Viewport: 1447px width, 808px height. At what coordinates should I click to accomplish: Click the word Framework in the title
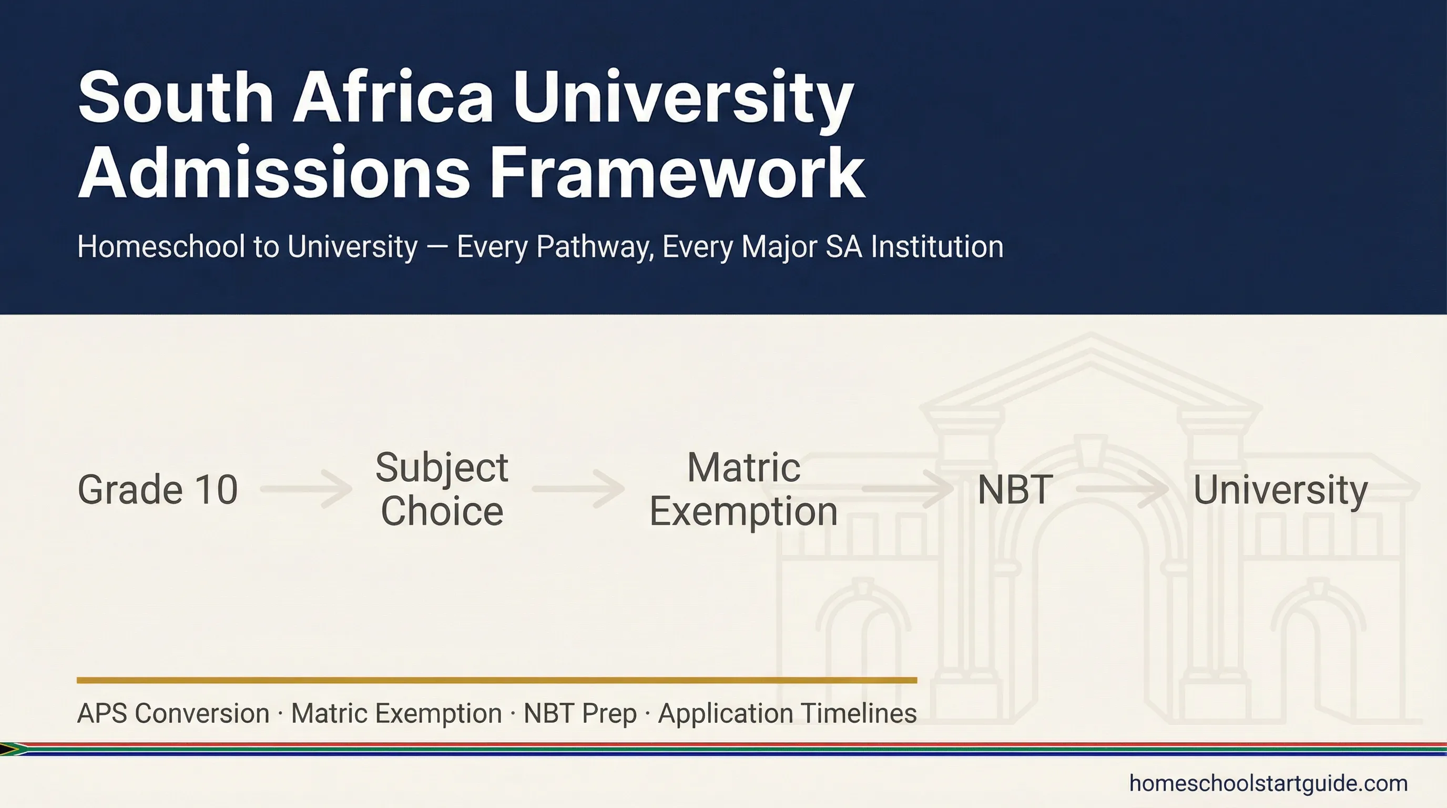tap(677, 173)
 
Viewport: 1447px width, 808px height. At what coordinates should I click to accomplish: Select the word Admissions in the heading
tap(273, 173)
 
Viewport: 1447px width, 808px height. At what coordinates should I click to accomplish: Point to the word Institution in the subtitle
tap(937, 247)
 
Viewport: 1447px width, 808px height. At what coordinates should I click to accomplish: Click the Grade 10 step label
tap(158, 489)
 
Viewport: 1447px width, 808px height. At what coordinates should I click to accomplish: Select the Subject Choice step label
tap(442, 489)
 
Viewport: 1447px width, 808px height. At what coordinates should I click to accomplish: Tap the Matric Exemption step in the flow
tap(743, 489)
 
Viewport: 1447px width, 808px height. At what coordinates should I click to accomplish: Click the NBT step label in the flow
tap(1014, 489)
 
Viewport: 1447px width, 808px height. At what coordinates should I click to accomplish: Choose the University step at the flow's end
tap(1280, 489)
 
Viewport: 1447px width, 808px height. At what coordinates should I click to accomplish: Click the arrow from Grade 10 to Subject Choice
tap(306, 489)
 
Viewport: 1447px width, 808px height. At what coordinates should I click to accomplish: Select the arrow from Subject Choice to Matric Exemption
tap(578, 489)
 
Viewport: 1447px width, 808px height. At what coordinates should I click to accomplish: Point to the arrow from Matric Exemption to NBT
tap(907, 489)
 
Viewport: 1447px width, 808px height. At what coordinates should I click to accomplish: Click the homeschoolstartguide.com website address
tap(1268, 783)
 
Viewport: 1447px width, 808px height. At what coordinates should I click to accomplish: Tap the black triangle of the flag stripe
tap(7, 749)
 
